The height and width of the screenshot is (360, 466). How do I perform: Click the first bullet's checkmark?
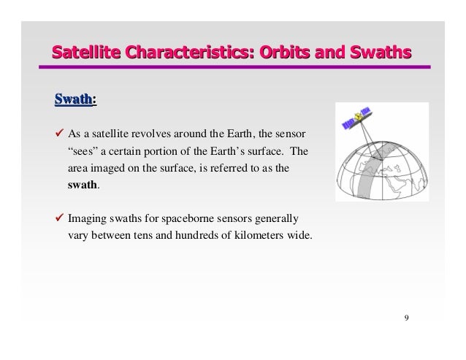tap(61, 135)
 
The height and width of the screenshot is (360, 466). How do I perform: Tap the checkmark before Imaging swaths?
tap(61, 219)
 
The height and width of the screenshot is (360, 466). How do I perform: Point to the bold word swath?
tap(82, 185)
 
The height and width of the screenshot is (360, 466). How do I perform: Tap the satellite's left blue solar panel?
tap(348, 125)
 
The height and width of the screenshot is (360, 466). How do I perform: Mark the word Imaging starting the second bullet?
tap(88, 219)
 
